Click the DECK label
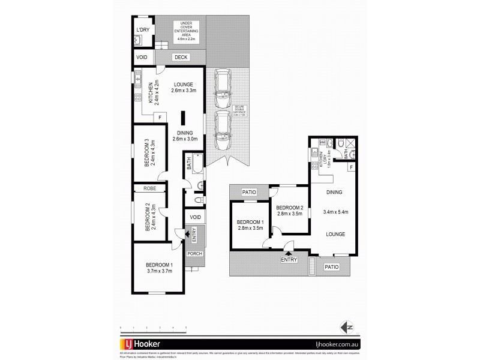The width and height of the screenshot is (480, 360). (x=180, y=58)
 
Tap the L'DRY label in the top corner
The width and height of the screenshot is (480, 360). (x=143, y=29)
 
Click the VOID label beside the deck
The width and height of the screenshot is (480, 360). (x=143, y=58)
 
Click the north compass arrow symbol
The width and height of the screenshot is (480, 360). (x=344, y=327)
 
